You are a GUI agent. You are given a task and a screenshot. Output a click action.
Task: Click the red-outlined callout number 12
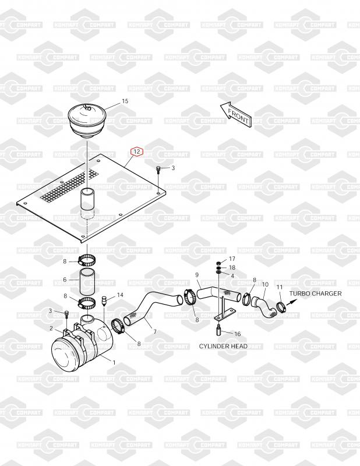click(x=137, y=151)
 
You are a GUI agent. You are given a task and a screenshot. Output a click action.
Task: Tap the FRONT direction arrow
click(x=237, y=115)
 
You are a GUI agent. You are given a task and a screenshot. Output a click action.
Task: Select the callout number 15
click(x=125, y=101)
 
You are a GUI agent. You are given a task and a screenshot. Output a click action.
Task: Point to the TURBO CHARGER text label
click(x=315, y=294)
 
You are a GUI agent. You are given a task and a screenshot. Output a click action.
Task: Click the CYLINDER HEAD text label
click(x=223, y=346)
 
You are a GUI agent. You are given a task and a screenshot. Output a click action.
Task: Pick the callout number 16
click(x=238, y=334)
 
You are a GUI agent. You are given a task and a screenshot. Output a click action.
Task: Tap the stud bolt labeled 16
click(x=218, y=329)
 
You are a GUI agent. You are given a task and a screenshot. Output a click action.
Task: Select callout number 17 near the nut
click(x=232, y=259)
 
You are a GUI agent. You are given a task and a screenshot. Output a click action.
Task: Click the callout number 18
click(x=232, y=267)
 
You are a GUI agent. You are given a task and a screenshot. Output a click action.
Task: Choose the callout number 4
click(x=232, y=276)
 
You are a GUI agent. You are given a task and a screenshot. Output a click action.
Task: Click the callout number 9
click(x=197, y=275)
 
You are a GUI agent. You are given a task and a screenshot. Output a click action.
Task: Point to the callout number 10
click(x=265, y=284)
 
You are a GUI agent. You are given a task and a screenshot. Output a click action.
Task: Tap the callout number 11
click(x=280, y=287)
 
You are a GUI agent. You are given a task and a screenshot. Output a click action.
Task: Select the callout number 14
click(x=120, y=295)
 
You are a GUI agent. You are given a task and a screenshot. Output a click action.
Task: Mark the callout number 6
click(x=65, y=280)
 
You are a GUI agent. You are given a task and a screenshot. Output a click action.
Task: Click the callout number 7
click(x=155, y=331)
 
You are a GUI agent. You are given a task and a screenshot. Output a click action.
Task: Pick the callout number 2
click(x=51, y=328)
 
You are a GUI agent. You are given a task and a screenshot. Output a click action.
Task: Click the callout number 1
click(x=114, y=362)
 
